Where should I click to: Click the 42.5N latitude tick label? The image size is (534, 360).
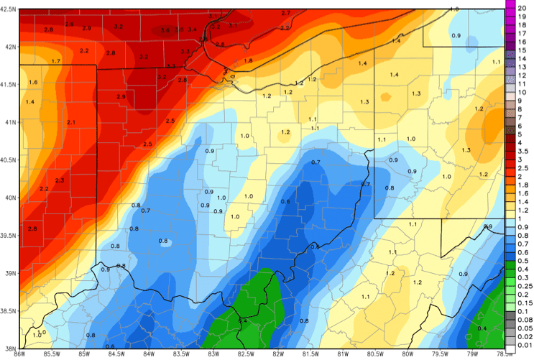point(9,9)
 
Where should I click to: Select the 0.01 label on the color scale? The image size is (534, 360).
point(523,346)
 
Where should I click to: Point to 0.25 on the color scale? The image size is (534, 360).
point(523,286)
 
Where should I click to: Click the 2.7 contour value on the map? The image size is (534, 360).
point(285,13)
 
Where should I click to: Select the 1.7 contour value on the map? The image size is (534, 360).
point(55,62)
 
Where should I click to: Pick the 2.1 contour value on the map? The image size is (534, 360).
point(71,123)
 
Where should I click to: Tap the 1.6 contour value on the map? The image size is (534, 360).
point(32,83)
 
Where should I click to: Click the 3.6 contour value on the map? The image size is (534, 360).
point(165,29)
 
